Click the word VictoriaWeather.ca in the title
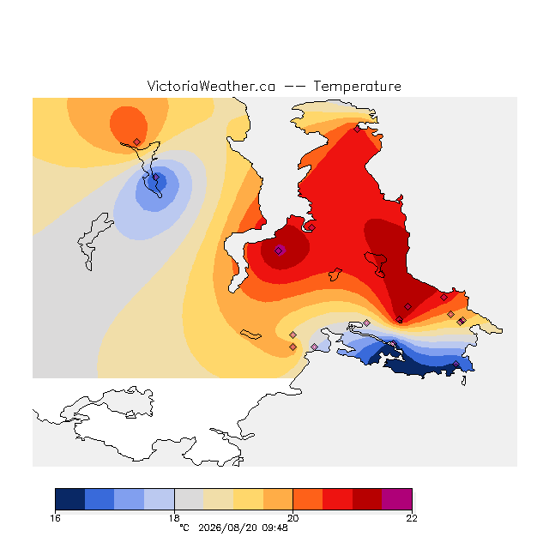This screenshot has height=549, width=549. pos(211,86)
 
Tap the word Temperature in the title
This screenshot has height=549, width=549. pos(357,86)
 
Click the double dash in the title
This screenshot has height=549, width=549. pos(294,87)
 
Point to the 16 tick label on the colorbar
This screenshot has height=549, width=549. pos(55,518)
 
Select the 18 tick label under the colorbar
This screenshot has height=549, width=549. pos(174,518)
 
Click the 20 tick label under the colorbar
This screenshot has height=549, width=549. pos(293,518)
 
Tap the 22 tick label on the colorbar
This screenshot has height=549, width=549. pos(412,518)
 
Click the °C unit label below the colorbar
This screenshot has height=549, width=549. pos(184,528)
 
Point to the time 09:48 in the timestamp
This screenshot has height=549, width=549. pos(274,528)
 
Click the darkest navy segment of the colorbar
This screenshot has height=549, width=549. pos(70,499)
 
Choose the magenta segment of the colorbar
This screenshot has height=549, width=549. pos(396,499)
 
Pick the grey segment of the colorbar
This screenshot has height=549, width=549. pos(189,499)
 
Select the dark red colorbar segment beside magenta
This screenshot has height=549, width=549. pos(367,499)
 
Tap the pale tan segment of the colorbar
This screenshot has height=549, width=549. pos(219,499)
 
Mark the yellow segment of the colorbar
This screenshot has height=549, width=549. pos(248,499)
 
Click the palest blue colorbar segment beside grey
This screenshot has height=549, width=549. pos(160,499)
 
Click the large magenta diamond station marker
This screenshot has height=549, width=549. pos(279,250)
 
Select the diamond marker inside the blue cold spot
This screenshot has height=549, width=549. pos(156,178)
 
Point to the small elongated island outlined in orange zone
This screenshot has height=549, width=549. pos(250,335)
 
